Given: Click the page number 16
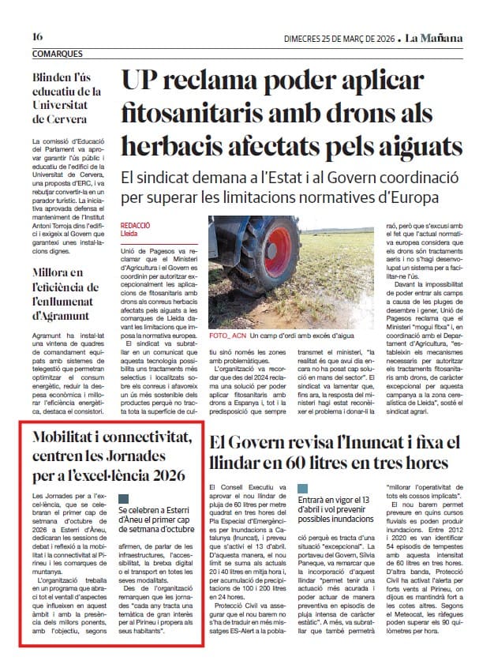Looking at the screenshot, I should [x=37, y=37].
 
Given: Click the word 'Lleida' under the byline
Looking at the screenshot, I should [x=129, y=234].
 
